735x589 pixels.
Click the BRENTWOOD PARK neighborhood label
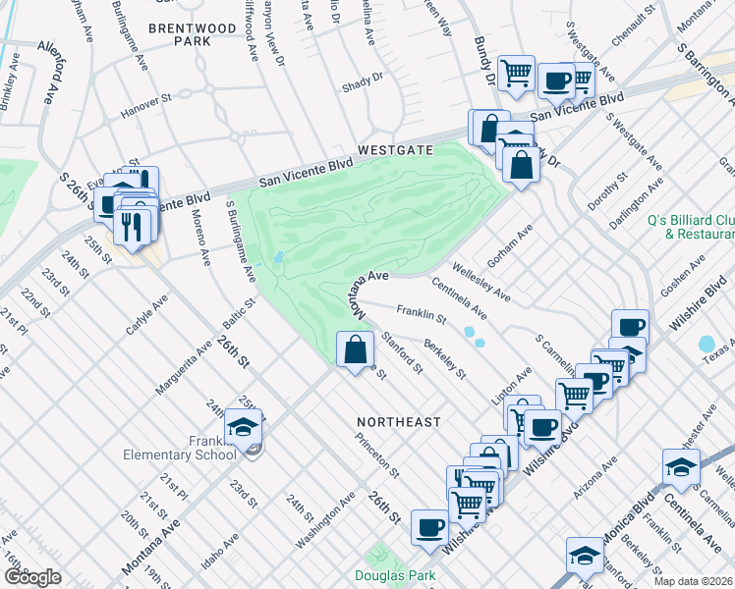coord(193,35)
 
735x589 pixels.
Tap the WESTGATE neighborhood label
coord(395,150)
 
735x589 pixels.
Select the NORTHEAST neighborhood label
coord(398,421)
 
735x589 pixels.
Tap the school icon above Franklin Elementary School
coord(243,426)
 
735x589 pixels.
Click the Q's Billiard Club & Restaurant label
coord(692,227)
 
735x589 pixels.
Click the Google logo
coord(32,577)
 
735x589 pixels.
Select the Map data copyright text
coord(694,581)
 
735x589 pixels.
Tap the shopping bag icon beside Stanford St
coord(355,348)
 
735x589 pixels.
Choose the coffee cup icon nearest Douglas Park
coord(428,527)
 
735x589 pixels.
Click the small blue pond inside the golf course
coord(279,258)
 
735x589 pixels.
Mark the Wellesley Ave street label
coord(481,280)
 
